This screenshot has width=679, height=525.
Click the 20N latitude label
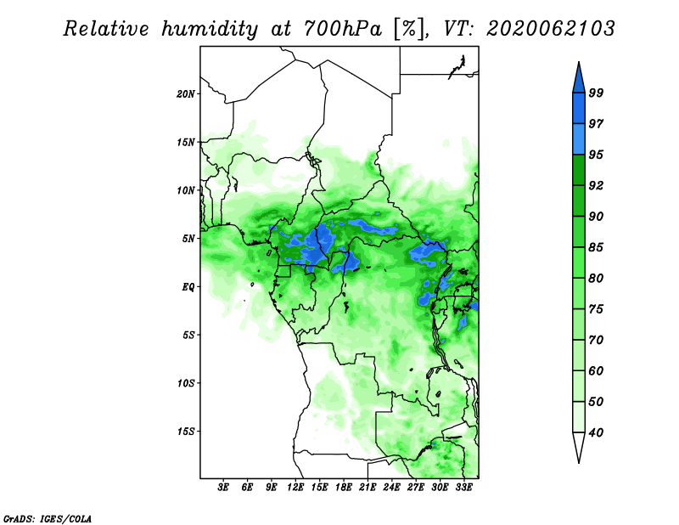pyautogui.click(x=186, y=93)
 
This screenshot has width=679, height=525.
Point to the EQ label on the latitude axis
pyautogui.click(x=188, y=286)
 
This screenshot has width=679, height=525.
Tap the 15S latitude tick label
pyautogui.click(x=186, y=432)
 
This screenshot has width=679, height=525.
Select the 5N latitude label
pyautogui.click(x=188, y=239)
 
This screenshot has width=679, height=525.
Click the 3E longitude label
pyautogui.click(x=223, y=488)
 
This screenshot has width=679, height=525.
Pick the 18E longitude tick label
pyautogui.click(x=344, y=488)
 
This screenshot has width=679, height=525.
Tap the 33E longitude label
pyautogui.click(x=463, y=488)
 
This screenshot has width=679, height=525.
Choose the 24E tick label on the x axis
pyautogui.click(x=391, y=488)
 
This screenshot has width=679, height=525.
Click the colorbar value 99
pyautogui.click(x=596, y=93)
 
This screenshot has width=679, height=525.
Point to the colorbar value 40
pyautogui.click(x=596, y=432)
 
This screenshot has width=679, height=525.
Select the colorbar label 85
pyautogui.click(x=596, y=247)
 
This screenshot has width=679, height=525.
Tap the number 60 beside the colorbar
pyautogui.click(x=596, y=370)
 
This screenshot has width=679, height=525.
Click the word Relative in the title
pyautogui.click(x=106, y=29)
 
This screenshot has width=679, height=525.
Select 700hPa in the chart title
pyautogui.click(x=343, y=29)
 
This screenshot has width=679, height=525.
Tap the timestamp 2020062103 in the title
pyautogui.click(x=550, y=29)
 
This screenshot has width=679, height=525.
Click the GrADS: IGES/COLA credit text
pyautogui.click(x=48, y=518)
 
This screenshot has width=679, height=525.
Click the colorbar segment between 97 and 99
pyautogui.click(x=579, y=109)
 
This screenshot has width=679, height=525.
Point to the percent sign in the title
pyautogui.click(x=408, y=29)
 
